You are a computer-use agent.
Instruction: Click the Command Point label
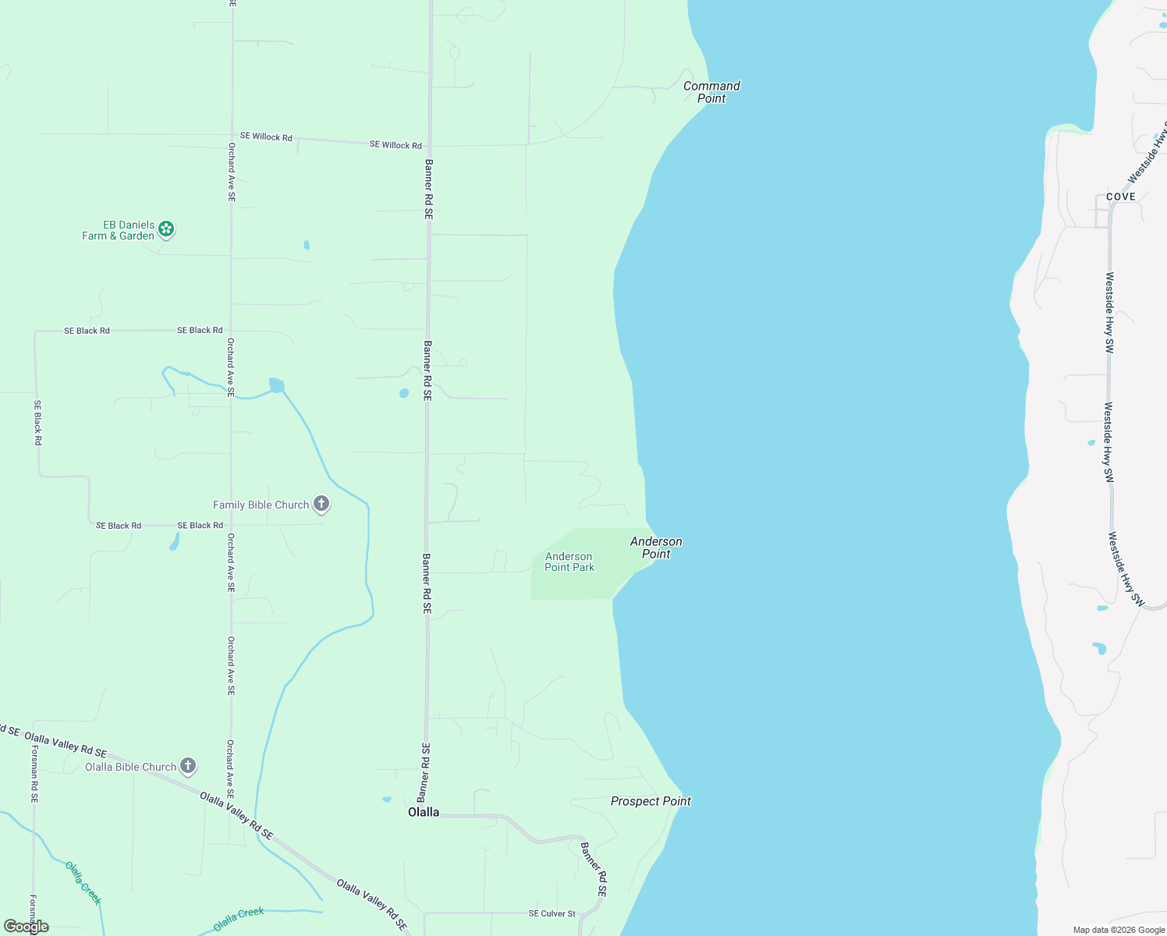[x=711, y=92]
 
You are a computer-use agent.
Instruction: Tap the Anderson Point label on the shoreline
[x=656, y=548]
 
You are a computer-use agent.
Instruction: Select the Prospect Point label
[x=651, y=801]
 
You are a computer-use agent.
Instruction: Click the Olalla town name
[x=424, y=812]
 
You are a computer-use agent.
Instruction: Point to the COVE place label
[x=1120, y=197]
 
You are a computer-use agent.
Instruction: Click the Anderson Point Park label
[x=569, y=562]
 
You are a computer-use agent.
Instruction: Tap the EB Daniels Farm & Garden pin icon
[x=165, y=229]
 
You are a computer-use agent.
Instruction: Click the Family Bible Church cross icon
[x=321, y=504]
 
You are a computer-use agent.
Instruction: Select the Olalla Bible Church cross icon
[x=187, y=766]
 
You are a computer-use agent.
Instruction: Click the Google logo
[x=27, y=927]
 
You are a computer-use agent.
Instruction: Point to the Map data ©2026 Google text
[x=1119, y=930]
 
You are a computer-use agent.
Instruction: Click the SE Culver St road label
[x=552, y=913]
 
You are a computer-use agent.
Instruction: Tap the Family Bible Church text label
[x=261, y=505]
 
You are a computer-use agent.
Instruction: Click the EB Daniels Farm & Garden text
[x=119, y=230]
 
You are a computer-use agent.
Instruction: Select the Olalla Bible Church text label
[x=131, y=767]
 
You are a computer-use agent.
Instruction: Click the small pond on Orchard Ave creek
[x=276, y=385]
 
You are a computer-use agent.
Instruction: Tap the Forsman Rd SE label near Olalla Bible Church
[x=34, y=774]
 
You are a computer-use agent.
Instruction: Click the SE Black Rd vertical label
[x=37, y=423]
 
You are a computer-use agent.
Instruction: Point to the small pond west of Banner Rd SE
[x=403, y=393]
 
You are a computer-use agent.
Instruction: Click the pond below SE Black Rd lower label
[x=174, y=542]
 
